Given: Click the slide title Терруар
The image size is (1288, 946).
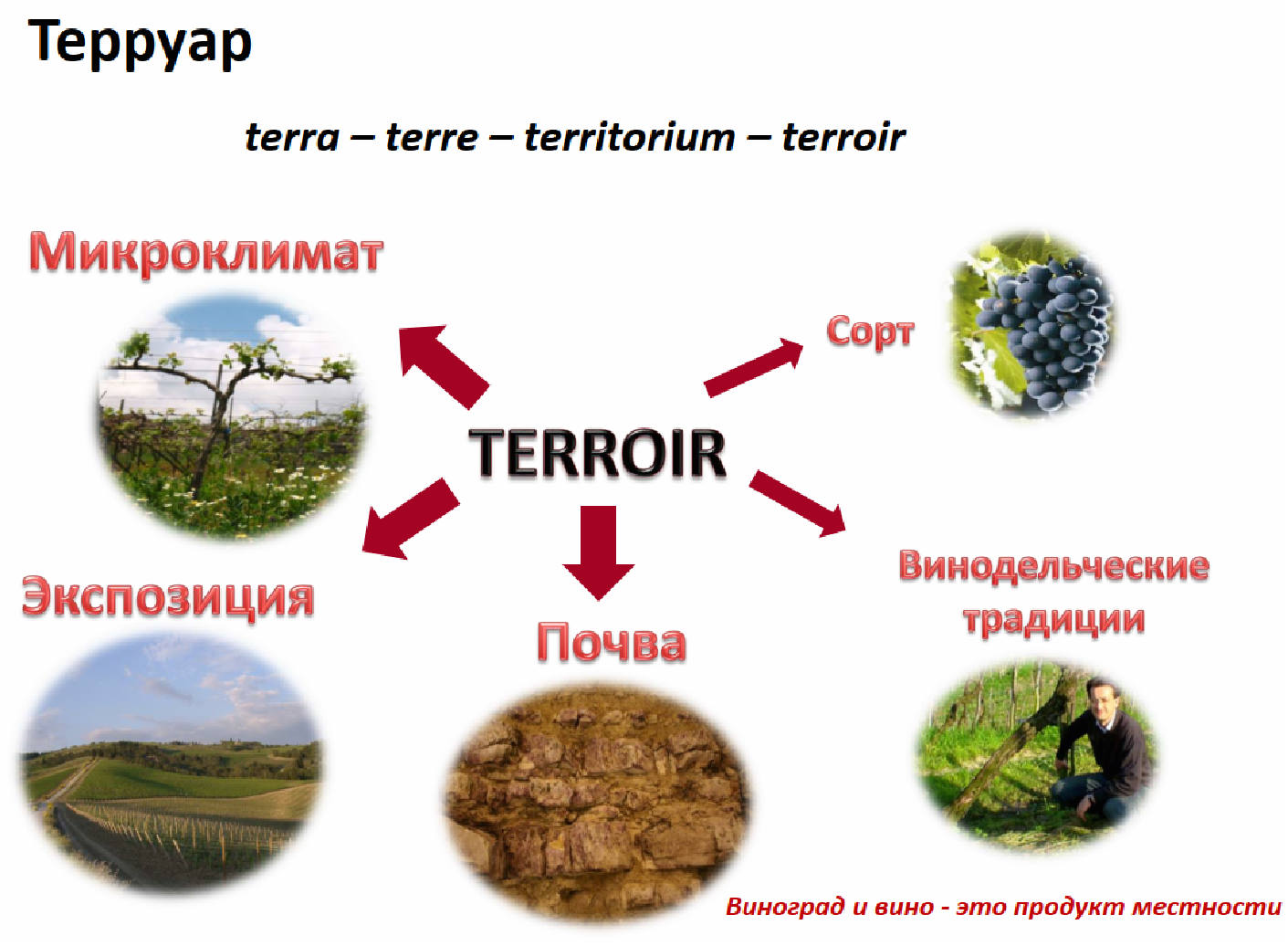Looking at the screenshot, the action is point(140,43).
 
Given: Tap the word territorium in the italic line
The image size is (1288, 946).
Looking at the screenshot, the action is point(630,137).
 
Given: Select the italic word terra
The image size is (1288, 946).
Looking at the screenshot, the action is point(292,138).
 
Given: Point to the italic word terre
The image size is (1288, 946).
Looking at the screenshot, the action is point(431,138).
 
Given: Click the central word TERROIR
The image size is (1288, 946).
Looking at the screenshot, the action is point(597,453).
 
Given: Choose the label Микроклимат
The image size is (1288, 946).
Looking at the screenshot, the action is point(206,253).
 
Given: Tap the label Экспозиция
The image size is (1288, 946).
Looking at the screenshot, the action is point(168,598).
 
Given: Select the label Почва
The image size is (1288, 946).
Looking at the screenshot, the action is point(612,642).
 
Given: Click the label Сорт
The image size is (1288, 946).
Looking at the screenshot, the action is point(871,332).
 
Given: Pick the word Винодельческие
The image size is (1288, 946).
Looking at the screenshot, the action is point(1054,565).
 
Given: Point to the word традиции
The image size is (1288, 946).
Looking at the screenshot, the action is point(1054,620).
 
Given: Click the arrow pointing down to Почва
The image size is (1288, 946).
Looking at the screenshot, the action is point(599,552).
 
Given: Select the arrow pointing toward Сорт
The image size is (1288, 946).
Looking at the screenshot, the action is point(753,368).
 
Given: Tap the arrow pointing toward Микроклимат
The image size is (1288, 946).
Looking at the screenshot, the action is point(444,367).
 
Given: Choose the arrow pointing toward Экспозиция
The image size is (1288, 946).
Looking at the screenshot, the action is point(411,519).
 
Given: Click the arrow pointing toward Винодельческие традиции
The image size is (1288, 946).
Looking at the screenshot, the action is point(798,504).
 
